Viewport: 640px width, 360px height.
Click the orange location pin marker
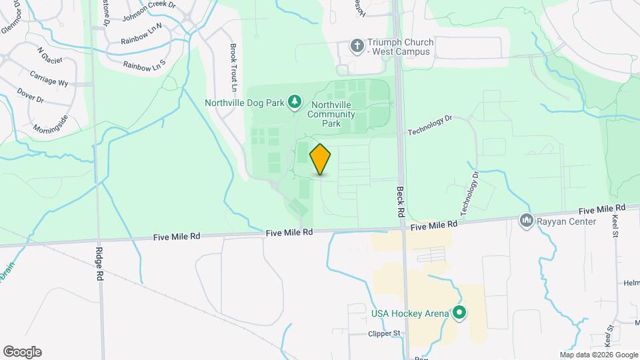coord(321,159)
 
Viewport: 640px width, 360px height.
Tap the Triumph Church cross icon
coord(357,47)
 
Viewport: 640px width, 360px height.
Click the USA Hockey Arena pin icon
coord(459,312)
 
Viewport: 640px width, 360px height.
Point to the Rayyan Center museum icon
coord(527,220)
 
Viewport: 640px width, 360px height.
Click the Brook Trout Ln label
coord(233,67)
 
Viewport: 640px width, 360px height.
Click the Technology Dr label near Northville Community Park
coord(430,123)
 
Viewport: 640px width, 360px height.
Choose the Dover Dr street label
coord(31,96)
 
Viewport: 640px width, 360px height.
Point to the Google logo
coord(22,352)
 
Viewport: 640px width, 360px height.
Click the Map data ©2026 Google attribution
coord(598,355)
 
